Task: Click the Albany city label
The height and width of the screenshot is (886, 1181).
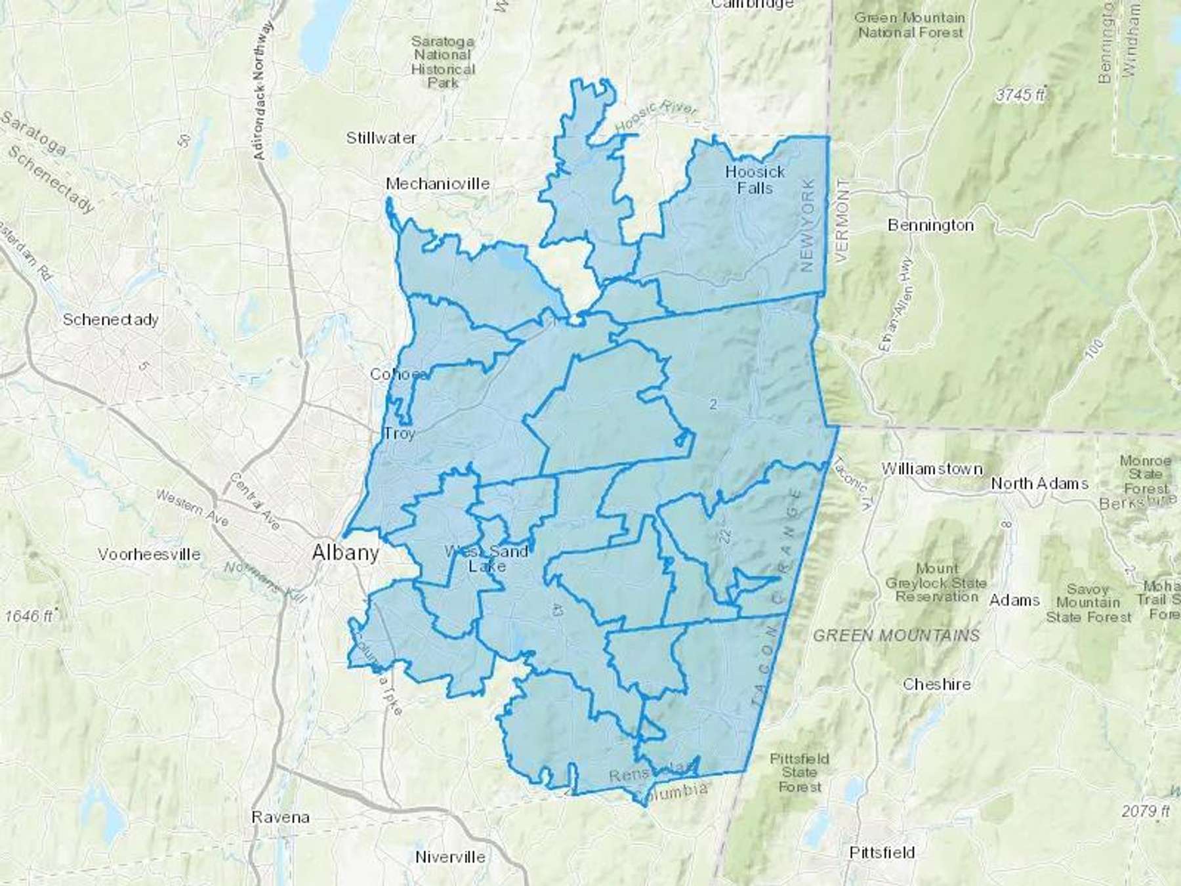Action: tap(346, 553)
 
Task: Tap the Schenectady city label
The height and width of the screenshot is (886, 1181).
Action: tap(111, 320)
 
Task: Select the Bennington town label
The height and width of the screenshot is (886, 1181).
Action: tap(930, 225)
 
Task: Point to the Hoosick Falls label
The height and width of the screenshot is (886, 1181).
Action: tap(755, 180)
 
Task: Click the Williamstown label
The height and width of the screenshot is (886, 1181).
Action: tap(932, 469)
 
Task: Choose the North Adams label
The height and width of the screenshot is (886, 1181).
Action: tap(1039, 484)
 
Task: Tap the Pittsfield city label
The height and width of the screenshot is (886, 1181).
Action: tap(882, 853)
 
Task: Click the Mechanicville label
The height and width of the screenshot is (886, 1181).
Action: tap(438, 184)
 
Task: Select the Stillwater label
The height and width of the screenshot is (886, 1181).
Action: tap(381, 138)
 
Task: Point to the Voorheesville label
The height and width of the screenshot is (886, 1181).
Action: tap(149, 554)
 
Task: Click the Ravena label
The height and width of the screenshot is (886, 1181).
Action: tap(280, 817)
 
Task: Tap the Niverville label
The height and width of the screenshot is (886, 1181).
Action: tap(450, 856)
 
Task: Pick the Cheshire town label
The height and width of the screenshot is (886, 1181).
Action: tap(936, 684)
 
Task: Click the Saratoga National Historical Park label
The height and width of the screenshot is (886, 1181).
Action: tap(443, 62)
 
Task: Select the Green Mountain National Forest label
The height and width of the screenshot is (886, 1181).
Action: tap(910, 24)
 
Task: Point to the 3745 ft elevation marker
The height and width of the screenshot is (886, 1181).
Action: tap(1020, 95)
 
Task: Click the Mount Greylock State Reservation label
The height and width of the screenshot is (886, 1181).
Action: tap(936, 582)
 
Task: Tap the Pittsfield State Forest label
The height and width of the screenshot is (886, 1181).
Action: tap(799, 772)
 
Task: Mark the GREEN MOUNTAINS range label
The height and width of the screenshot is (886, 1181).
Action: tap(896, 635)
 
